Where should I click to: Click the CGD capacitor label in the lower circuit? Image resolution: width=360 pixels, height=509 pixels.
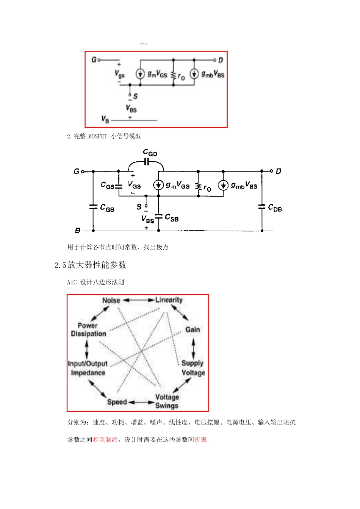(x=150, y=153)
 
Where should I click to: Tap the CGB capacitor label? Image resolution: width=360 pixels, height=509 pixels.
(x=107, y=208)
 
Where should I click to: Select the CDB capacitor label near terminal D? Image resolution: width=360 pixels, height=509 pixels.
(x=275, y=208)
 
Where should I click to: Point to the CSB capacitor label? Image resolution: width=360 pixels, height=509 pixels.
(x=172, y=218)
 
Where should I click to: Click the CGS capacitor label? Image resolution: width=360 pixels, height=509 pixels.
(x=107, y=185)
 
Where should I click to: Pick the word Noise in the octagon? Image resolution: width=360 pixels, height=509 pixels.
(x=111, y=300)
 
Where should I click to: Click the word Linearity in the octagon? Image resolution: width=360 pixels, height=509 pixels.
(x=169, y=300)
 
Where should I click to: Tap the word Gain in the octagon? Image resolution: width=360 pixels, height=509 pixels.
(x=193, y=329)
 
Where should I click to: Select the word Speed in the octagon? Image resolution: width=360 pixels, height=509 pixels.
(x=117, y=402)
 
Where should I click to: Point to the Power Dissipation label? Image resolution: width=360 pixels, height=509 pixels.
(x=88, y=330)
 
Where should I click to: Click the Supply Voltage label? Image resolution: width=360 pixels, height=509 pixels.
(x=193, y=368)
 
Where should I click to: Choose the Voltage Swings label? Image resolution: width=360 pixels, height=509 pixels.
(x=167, y=401)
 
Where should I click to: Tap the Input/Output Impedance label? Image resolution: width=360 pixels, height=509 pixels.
(x=88, y=368)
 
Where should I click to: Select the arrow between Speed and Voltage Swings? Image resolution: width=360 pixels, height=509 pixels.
(x=141, y=402)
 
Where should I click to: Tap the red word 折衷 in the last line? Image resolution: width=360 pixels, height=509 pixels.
(x=200, y=440)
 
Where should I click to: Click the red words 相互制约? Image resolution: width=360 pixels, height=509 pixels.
(x=105, y=440)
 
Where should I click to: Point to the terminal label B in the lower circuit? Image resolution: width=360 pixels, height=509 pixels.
(x=77, y=230)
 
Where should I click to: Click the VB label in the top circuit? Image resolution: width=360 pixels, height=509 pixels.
(x=105, y=119)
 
